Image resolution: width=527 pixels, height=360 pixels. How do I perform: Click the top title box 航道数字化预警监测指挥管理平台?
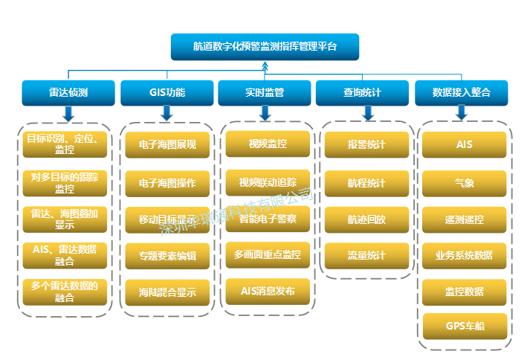pos(265,46)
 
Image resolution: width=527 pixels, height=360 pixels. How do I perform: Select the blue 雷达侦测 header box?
pos(68,93)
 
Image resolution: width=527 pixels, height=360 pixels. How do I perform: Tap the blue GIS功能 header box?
pos(166,93)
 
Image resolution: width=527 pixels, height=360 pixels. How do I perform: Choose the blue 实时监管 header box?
pos(265,93)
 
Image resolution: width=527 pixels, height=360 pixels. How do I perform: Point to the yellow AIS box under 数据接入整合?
pos(465,144)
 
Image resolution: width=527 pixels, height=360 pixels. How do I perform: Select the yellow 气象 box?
pos(465,182)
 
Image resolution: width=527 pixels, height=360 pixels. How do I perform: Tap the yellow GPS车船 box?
pos(465,326)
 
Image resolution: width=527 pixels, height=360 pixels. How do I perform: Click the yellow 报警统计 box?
pos(366,144)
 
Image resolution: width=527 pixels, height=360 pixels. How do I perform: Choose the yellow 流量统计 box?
pos(366,255)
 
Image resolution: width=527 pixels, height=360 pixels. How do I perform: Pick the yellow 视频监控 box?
pos(268,144)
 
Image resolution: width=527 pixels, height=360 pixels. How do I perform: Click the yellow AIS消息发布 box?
pos(268,291)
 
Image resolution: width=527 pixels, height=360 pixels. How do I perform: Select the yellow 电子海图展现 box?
pos(167,145)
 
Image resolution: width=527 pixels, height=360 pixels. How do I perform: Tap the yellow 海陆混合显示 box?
pos(167,292)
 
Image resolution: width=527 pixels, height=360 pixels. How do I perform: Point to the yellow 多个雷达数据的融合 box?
pos(65,292)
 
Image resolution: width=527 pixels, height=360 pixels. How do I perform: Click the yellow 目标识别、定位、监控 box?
pos(65,144)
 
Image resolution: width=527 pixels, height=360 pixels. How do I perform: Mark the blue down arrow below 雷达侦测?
pos(68,113)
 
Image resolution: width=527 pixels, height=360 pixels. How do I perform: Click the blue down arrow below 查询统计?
pos(367,113)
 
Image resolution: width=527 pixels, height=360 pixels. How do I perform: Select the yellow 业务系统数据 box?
pos(465,255)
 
